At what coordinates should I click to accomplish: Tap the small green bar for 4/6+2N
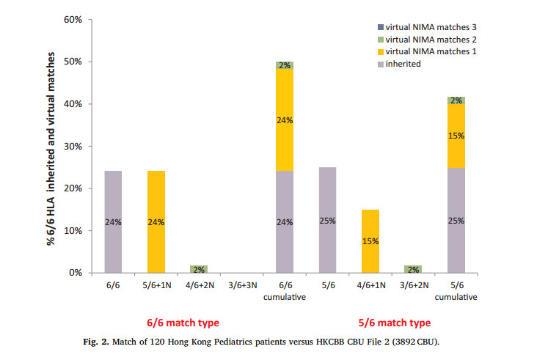pyautogui.click(x=199, y=269)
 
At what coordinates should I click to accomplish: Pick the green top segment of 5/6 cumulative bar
pyautogui.click(x=456, y=100)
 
